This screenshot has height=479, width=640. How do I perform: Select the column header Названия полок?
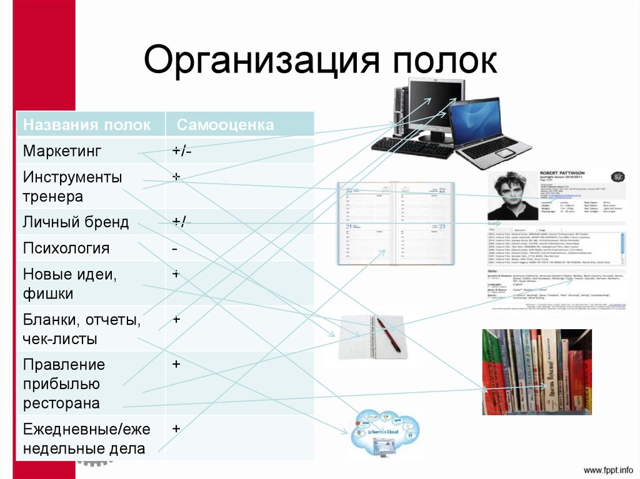pos(87,125)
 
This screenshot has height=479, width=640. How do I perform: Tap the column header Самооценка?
pos(225,125)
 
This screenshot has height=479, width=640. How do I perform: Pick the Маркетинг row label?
pos(62,151)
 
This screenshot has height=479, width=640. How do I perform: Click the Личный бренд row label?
pos(76,222)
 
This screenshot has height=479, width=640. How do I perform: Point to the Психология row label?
pos(66,249)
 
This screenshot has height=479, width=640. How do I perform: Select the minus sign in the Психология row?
pos(176,249)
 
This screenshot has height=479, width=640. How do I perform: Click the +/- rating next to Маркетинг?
pos(182,152)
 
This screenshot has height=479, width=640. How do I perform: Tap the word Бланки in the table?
pos(48,320)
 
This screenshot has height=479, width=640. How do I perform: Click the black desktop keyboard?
pos(412,147)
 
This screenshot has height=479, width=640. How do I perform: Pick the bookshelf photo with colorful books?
pos(536,372)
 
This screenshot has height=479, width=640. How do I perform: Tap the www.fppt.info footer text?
pos(608,469)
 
